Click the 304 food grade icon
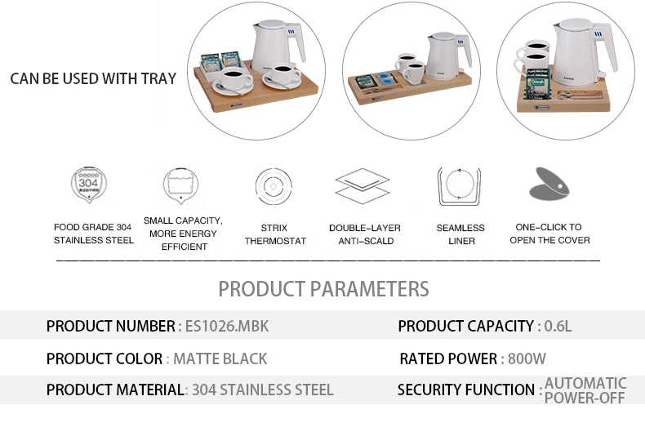[89, 185]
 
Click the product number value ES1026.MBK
[226, 327]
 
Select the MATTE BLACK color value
[220, 358]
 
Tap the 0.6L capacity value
[556, 327]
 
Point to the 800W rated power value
[527, 358]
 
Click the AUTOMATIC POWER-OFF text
[585, 390]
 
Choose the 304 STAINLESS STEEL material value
[262, 390]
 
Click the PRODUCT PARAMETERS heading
[323, 288]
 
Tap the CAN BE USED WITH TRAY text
[93, 78]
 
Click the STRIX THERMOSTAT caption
[275, 234]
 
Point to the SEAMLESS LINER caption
[460, 234]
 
